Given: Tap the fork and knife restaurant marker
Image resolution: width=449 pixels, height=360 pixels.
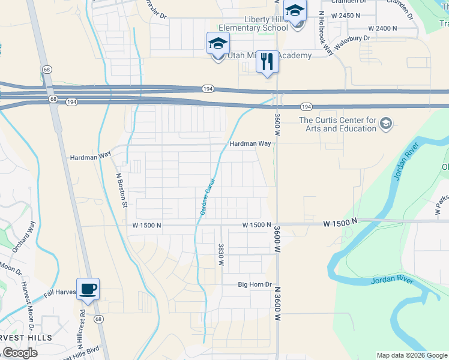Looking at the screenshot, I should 267,62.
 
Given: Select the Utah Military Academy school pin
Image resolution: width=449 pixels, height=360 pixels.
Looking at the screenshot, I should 218,44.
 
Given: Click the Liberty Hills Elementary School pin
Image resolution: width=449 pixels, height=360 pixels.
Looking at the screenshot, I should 295,13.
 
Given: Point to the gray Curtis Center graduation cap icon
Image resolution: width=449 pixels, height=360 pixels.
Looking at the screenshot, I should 386,124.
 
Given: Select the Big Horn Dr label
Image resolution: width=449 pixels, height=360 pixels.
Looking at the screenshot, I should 255,284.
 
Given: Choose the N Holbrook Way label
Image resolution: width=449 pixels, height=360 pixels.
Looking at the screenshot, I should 326,33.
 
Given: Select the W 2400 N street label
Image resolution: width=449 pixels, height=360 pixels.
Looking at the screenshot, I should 383,28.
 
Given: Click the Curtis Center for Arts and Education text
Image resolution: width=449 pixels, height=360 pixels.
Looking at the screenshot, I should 337,124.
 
